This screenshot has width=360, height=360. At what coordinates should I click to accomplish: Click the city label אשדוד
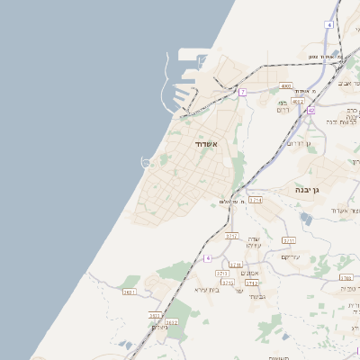tap(206, 143)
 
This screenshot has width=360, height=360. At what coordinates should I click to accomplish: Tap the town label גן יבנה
tap(307, 191)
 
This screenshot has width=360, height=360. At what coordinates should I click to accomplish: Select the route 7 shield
tap(243, 92)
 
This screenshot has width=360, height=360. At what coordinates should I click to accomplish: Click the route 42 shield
tap(310, 110)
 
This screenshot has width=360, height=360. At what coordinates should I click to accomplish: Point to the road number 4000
tap(286, 86)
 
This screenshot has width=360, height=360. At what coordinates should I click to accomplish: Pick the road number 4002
tap(297, 102)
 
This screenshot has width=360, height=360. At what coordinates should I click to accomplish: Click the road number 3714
tap(256, 200)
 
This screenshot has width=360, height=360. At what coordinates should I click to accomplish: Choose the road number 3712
tap(252, 283)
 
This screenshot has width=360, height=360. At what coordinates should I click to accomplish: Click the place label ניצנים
tap(160, 327)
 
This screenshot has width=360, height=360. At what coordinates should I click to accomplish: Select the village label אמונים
tap(251, 273)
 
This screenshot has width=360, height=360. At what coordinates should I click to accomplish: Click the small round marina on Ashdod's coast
tap(147, 161)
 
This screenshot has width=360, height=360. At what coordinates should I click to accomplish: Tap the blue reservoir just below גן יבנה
tap(307, 219)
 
